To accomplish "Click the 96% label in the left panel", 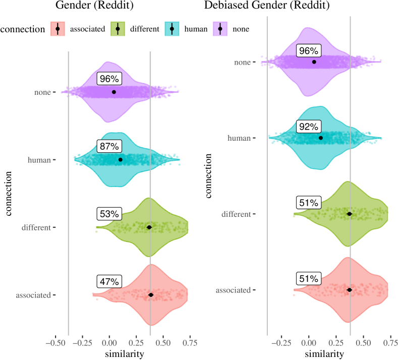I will click(109, 79).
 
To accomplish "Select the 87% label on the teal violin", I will click(109, 147).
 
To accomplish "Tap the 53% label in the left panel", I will click(109, 214).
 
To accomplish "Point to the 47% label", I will click(109, 282).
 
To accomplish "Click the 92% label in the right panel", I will click(308, 127).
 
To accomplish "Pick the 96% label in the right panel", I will click(308, 51).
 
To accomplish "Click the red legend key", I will click(58, 29).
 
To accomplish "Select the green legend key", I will click(118, 29).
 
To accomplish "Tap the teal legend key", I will click(172, 29).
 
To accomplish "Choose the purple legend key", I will click(220, 29).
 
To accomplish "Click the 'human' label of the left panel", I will click(39, 160).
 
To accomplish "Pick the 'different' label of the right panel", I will click(236, 214).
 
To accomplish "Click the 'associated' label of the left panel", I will click(33, 295).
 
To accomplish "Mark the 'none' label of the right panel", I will click(242, 63).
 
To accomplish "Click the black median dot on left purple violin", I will click(114, 92).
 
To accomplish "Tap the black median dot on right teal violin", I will click(321, 138).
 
